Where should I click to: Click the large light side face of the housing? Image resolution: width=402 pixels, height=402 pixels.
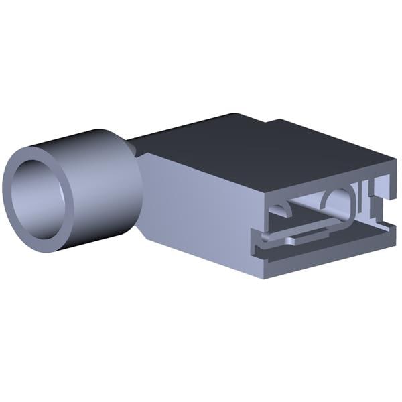coord(201,214)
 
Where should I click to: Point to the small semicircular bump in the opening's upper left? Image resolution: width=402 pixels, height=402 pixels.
coord(281,210)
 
